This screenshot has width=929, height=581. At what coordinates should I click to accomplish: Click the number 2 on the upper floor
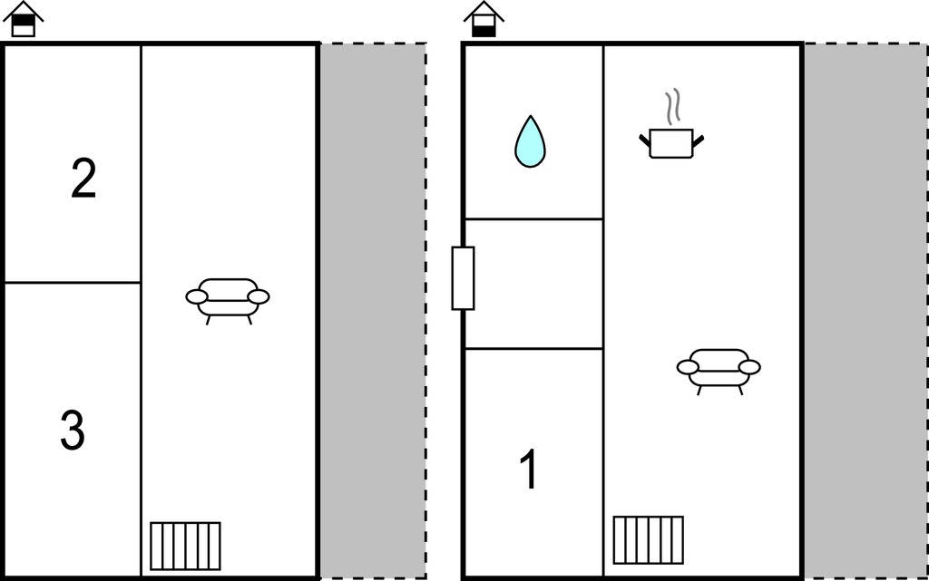pos(83,179)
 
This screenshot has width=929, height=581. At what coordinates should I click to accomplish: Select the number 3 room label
pos(73,431)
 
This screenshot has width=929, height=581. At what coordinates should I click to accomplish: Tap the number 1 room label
pos(529,469)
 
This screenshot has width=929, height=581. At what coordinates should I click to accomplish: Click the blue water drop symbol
pos(530,141)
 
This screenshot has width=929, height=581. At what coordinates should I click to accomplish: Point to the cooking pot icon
pos(671,143)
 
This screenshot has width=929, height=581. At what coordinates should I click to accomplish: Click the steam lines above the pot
pos(672,106)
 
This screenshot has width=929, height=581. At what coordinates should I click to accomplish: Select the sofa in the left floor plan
pos(228,301)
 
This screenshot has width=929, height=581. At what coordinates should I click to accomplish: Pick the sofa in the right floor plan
pos(719,372)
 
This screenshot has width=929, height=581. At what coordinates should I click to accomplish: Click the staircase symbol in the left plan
pos(185,546)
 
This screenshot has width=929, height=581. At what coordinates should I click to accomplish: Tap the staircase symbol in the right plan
pos(648,540)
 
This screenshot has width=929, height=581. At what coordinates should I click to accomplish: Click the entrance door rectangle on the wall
pos(463,278)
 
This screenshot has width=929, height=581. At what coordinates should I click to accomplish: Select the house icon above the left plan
pos(23,19)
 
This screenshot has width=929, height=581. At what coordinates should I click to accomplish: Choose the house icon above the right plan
pos(484,19)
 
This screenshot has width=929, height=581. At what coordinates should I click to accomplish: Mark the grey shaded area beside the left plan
pos(373,311)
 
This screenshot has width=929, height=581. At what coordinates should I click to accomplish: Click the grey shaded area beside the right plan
pos(866,311)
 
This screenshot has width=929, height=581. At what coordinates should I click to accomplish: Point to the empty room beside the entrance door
pos(533,284)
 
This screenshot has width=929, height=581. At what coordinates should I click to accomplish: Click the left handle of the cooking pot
pos(645,140)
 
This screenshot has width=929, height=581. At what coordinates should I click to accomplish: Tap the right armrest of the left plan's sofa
pos(259,296)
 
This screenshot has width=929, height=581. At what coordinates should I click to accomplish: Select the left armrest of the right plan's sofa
pos(688,367)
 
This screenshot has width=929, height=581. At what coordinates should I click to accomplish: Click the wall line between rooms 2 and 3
pos(73,283)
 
